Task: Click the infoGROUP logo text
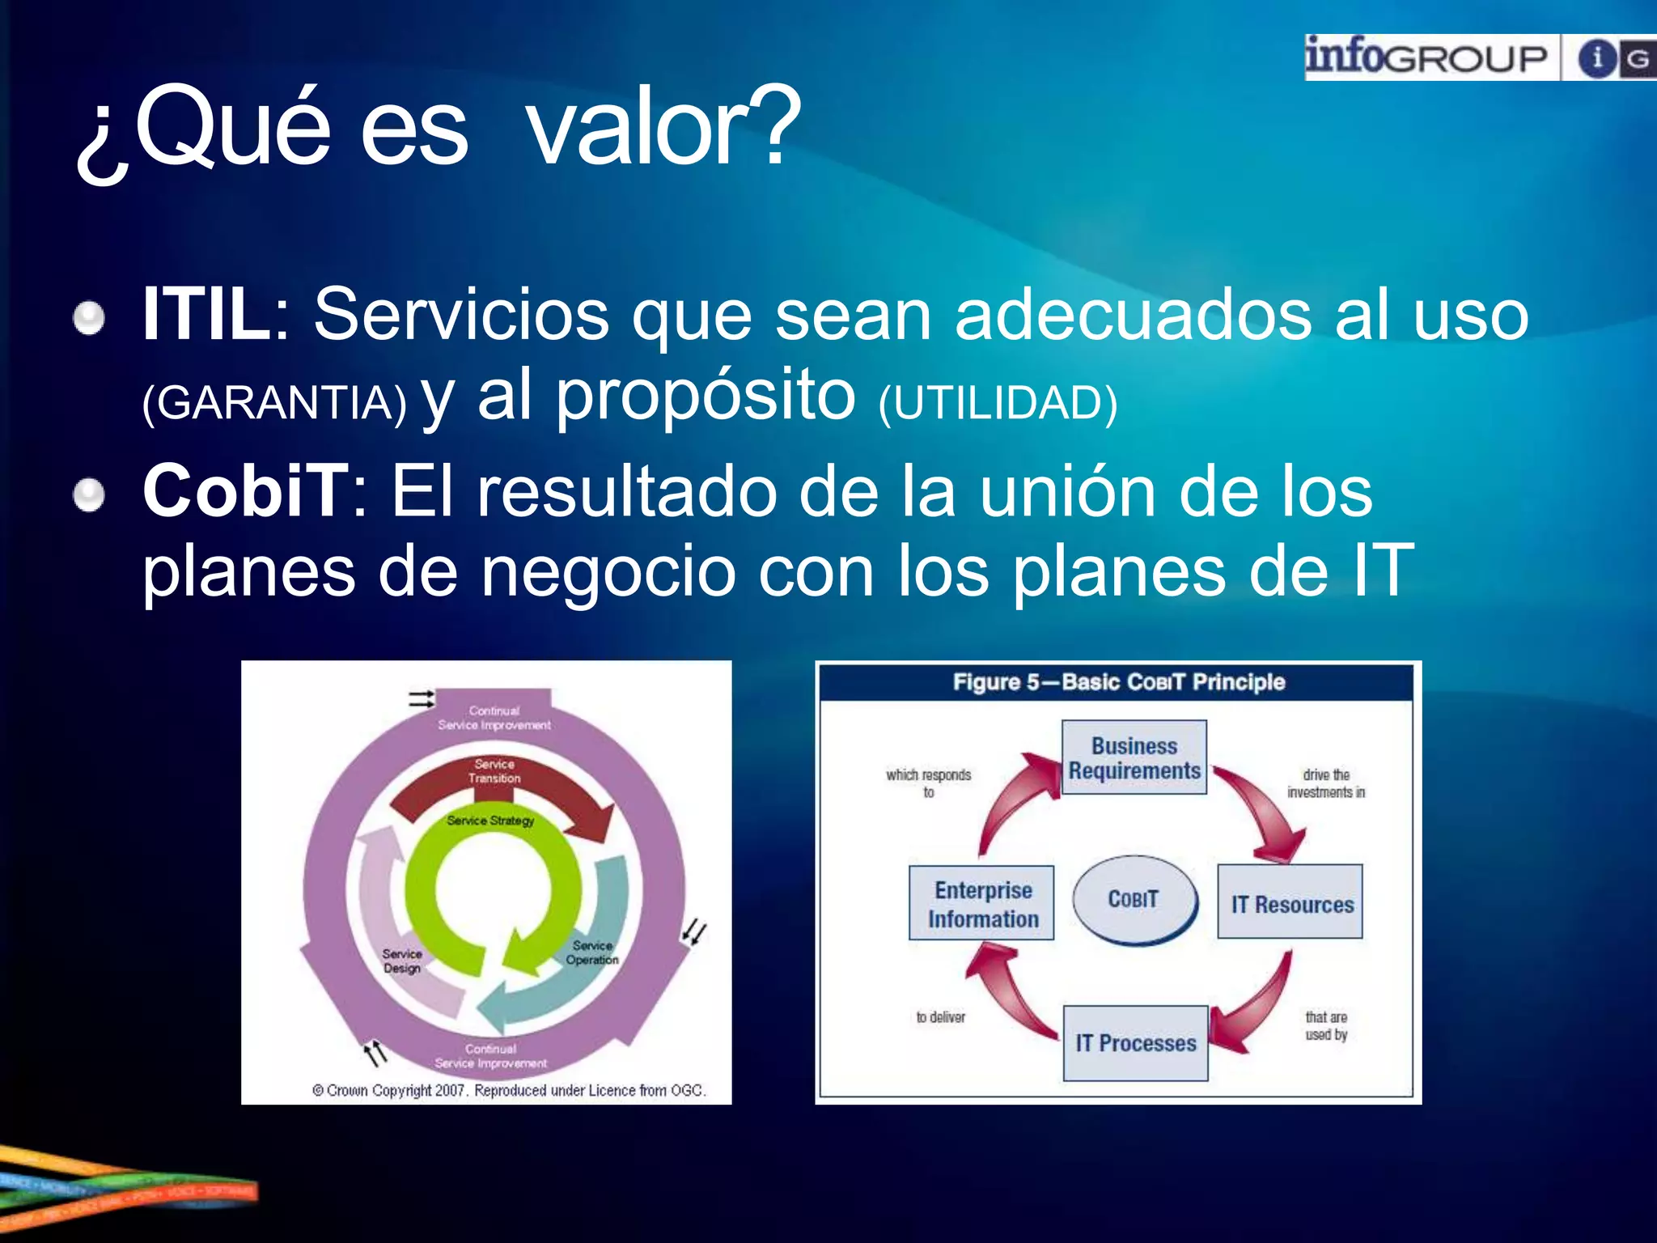1426,57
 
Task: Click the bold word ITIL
207,315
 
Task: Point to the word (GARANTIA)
274,402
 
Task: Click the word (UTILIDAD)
998,402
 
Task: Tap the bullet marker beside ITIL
89,317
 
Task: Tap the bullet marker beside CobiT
89,494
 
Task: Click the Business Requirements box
1134,757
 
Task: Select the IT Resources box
1290,902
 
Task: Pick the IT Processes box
1135,1043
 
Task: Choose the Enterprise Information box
982,903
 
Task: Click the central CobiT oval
1134,899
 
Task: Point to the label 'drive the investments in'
1325,783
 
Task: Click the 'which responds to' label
928,783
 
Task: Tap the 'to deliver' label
940,1017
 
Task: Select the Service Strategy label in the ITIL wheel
490,821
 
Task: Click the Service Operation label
592,952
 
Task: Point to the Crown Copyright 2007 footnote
509,1090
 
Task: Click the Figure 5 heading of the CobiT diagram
1118,682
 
